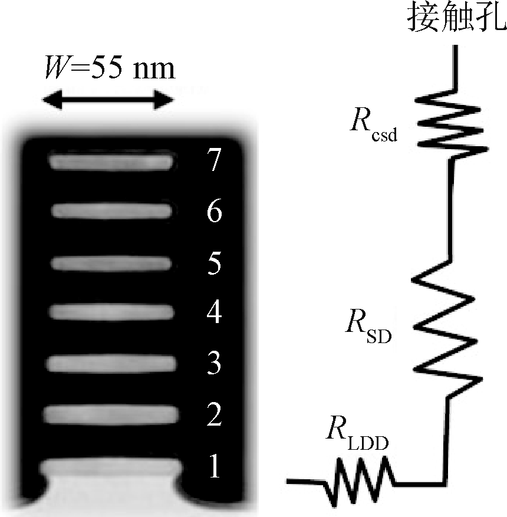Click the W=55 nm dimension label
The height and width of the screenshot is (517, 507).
coord(110,68)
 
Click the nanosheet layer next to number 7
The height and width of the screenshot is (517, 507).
coord(112,160)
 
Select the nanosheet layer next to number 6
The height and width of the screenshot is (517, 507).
coord(112,210)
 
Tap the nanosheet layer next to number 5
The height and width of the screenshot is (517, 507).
coord(112,262)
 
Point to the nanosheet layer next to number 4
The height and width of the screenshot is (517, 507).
coord(112,311)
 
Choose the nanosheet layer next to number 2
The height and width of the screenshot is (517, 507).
coord(112,415)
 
